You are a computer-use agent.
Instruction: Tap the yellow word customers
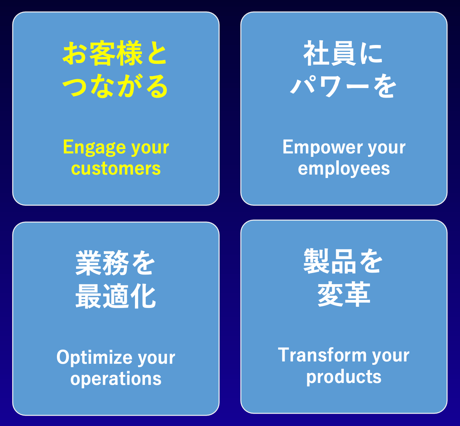[116, 168]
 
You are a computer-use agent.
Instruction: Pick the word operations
[116, 379]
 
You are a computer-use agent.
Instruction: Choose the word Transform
[322, 355]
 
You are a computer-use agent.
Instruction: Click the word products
[344, 377]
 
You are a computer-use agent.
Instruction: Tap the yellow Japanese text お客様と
[115, 53]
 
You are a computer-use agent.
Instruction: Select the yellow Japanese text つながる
[115, 86]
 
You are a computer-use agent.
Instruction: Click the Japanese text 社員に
[343, 53]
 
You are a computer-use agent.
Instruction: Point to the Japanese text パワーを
[343, 86]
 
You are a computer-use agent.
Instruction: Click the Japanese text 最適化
[116, 296]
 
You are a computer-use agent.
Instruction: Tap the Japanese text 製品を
[343, 261]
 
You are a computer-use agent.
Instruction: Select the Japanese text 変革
[344, 294]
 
